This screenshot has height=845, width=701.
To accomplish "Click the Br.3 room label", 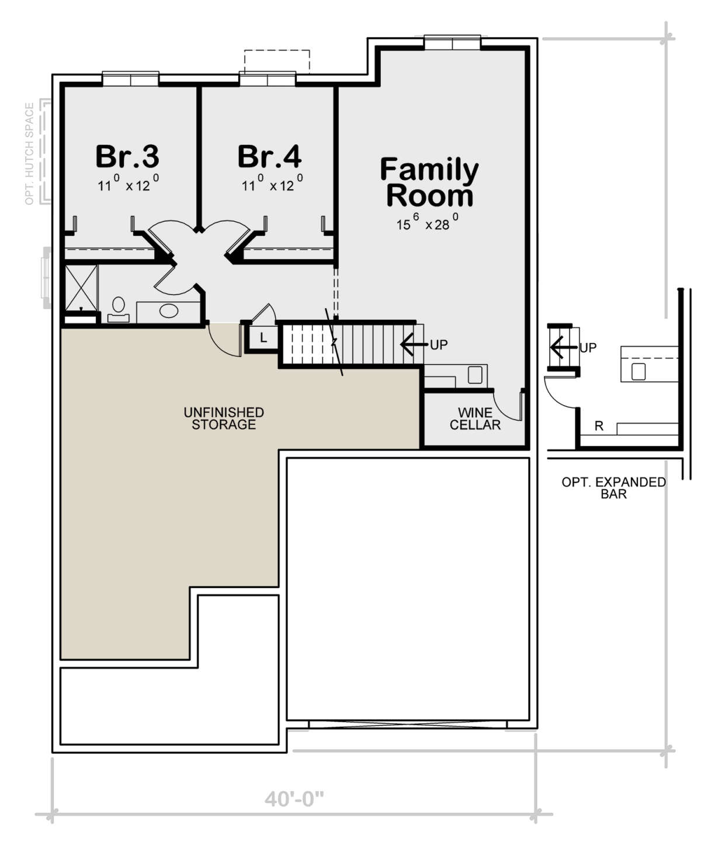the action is [127, 156].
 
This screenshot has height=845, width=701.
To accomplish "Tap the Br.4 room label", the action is [269, 156].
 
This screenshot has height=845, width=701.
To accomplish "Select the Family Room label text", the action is [429, 182].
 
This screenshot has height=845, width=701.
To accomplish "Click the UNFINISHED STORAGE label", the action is [224, 418].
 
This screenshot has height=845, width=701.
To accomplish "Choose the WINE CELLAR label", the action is [475, 419].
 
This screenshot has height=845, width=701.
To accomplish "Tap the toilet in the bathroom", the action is [119, 310].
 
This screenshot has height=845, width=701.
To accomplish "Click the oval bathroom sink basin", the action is [169, 311].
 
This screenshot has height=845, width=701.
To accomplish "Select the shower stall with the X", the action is [81, 287].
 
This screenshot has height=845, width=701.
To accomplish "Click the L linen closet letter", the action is [263, 337].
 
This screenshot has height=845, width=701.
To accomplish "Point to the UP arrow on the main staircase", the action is [414, 344].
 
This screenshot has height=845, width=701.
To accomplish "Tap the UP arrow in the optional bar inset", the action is [564, 347].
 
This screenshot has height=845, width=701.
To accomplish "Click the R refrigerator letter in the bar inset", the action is [599, 426].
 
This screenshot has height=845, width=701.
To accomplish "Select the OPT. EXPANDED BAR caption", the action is [613, 488].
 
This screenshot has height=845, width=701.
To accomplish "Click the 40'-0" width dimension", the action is [294, 799].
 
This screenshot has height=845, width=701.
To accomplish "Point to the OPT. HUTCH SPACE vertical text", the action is [29, 153].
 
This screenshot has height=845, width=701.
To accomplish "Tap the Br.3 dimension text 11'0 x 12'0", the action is [128, 183].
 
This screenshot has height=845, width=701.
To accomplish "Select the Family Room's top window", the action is [452, 43].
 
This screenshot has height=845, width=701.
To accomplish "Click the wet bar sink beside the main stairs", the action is [475, 375].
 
